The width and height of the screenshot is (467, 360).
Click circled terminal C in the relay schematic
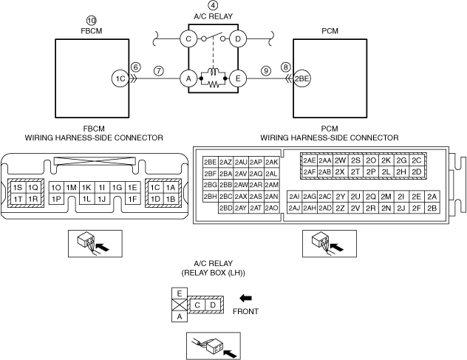click(189, 38)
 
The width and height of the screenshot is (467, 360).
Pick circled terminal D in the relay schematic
click(238, 38)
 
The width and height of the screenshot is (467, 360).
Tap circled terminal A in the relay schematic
click(189, 78)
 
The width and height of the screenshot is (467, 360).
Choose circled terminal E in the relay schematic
click(238, 78)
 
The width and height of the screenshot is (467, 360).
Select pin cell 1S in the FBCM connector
click(18, 188)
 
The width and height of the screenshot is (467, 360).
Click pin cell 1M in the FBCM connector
click(72, 188)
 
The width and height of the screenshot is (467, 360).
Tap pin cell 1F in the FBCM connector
click(133, 199)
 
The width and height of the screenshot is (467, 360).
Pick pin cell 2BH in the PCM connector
click(210, 196)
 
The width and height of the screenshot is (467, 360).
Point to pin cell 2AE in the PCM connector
click(309, 160)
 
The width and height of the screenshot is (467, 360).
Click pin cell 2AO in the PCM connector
click(271, 208)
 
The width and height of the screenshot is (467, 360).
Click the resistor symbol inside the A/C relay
click(214, 85)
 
